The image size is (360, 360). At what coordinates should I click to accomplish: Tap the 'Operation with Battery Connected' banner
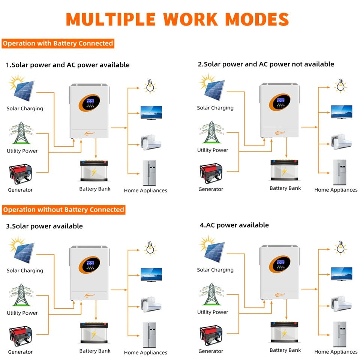(58, 43)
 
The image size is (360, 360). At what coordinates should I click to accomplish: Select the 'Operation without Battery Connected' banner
(63, 210)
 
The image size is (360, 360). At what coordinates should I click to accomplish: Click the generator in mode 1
(21, 174)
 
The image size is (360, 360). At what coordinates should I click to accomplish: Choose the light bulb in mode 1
(150, 86)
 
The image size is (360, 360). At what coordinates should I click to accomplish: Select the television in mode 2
(341, 112)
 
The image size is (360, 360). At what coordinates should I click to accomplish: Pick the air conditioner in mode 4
(341, 302)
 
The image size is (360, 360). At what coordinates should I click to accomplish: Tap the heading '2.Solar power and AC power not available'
(266, 64)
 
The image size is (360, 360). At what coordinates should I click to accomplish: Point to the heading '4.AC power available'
(234, 225)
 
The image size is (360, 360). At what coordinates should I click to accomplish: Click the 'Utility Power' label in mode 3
(22, 313)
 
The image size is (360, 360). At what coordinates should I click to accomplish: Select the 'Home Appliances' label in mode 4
(336, 352)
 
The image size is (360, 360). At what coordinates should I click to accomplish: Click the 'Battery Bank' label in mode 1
(95, 189)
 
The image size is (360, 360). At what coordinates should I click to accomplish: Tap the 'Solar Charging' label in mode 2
(215, 108)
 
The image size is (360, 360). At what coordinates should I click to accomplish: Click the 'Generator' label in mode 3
(20, 352)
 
